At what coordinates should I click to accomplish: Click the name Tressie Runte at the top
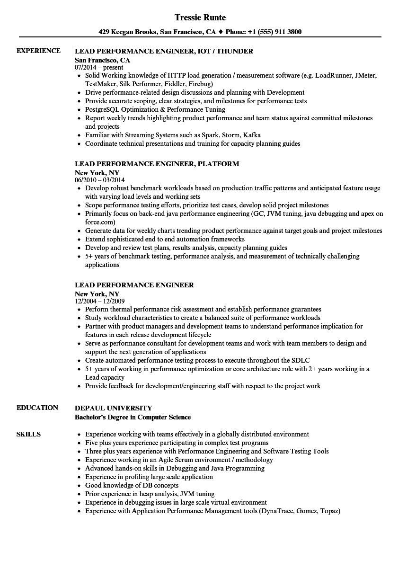coord(200,18)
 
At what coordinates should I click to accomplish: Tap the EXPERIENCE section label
coord(38,51)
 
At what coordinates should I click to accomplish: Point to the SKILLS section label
coord(28,434)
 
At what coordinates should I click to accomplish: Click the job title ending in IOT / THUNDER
coord(164,51)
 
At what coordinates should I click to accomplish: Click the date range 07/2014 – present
coord(99,68)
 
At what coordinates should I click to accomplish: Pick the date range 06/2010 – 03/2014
coord(100,180)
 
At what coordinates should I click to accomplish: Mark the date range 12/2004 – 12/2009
coord(100,301)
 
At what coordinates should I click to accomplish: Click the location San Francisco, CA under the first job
coord(102,60)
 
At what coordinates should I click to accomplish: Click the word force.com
coord(99,222)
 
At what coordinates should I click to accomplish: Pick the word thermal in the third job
coord(119,309)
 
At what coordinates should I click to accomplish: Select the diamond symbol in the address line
coord(221,32)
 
